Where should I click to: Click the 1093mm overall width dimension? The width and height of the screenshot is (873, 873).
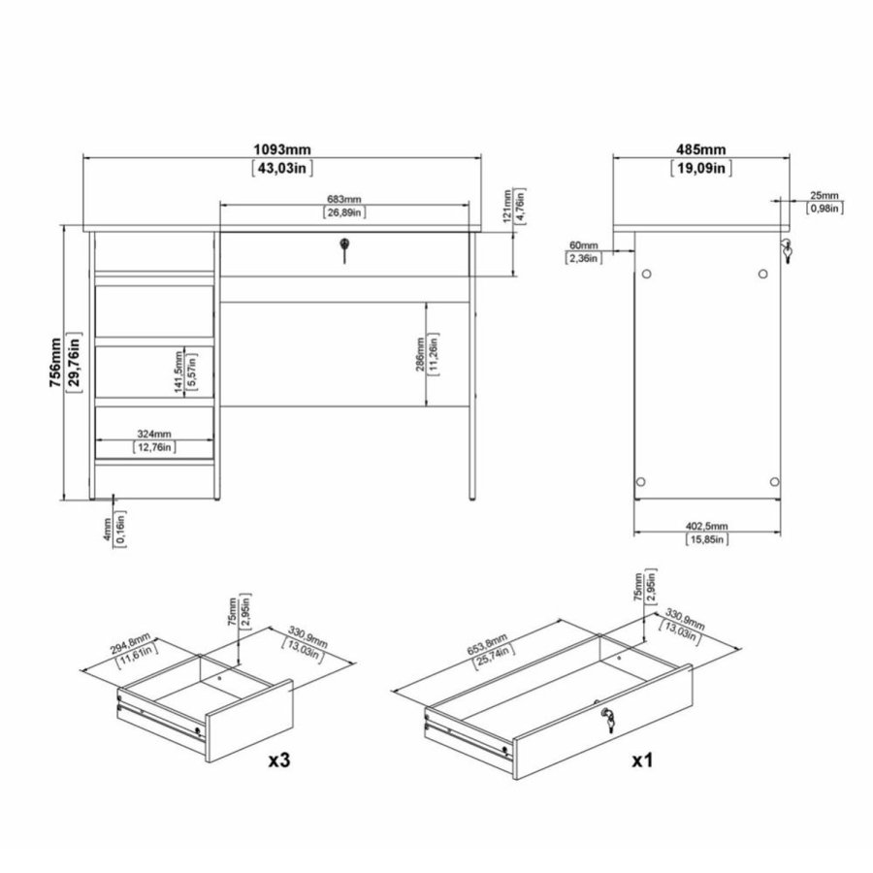point(281,149)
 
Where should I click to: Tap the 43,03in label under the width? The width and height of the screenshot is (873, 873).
point(281,169)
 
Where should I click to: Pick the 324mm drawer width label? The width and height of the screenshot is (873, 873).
point(153,433)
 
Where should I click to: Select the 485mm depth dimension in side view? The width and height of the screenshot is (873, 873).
point(699,149)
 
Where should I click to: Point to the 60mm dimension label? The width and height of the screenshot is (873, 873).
point(583,244)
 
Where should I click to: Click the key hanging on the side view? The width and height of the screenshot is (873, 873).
point(787,250)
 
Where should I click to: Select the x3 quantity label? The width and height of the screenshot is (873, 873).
point(278,761)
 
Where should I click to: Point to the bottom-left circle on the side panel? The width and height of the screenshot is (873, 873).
point(639,481)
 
